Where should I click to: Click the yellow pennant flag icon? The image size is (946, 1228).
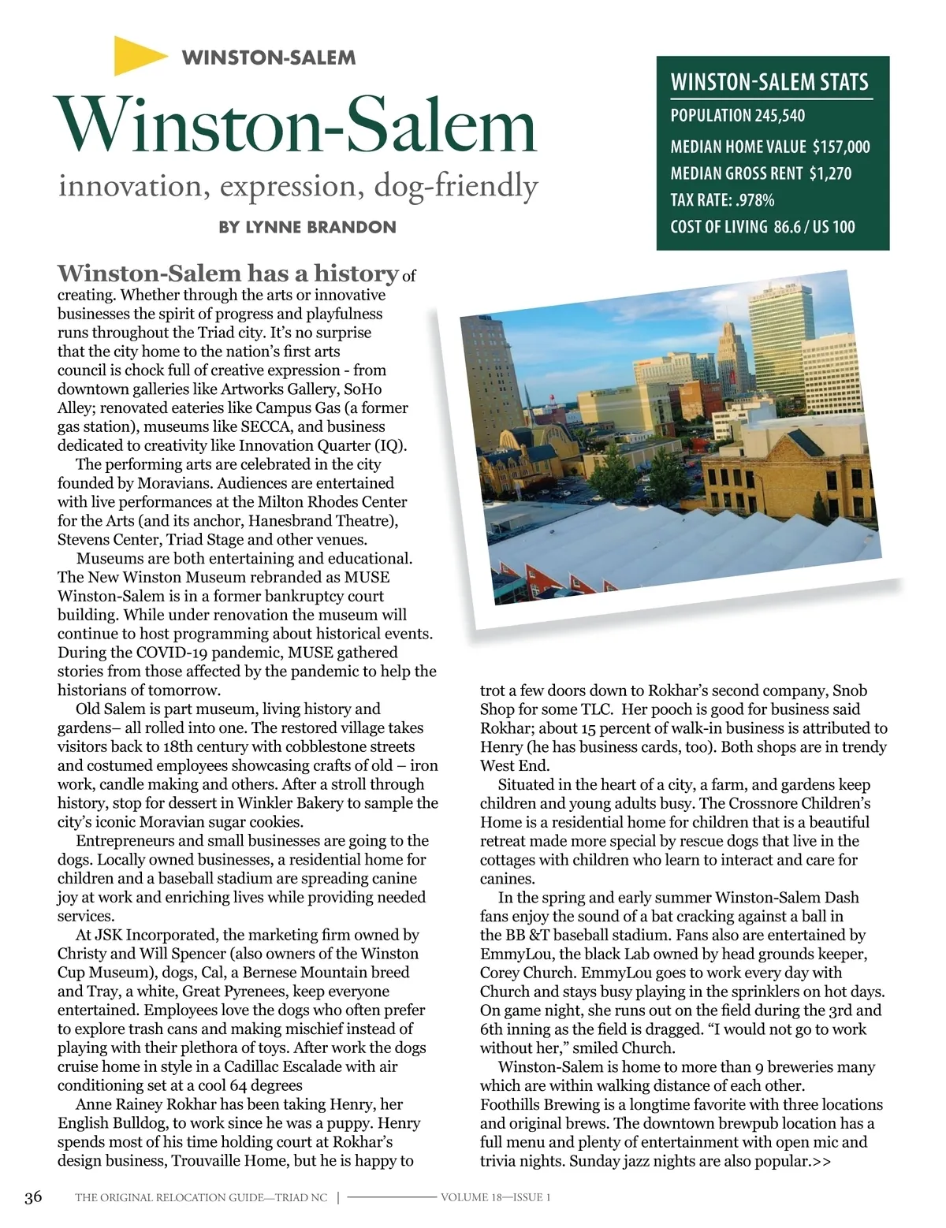tap(139, 56)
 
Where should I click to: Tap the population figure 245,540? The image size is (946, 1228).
tap(780, 116)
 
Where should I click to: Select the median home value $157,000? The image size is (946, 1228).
tap(841, 147)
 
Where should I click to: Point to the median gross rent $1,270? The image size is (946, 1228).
tap(830, 173)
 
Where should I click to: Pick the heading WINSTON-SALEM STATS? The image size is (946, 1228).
tap(769, 83)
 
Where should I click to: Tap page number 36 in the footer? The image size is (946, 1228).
tap(33, 1197)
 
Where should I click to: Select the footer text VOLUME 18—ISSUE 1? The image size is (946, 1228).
tap(495, 1197)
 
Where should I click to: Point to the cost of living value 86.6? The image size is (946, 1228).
tap(787, 227)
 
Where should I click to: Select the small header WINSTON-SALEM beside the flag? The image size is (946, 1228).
tap(268, 58)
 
